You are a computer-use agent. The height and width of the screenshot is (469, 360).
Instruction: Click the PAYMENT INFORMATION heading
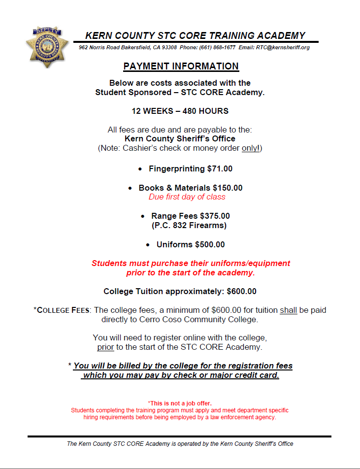pyautogui.click(x=181, y=67)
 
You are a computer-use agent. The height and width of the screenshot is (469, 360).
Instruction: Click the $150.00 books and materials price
pyautogui.click(x=228, y=188)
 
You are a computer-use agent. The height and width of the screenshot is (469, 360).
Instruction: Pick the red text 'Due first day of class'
pyautogui.click(x=187, y=197)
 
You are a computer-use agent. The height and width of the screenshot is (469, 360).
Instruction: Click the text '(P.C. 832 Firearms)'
pyautogui.click(x=189, y=226)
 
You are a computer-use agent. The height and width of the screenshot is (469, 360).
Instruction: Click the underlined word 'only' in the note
pyautogui.click(x=250, y=148)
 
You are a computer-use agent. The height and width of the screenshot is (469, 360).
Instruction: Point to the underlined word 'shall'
pyautogui.click(x=288, y=310)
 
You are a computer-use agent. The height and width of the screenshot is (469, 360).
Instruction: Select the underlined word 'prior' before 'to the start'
pyautogui.click(x=105, y=347)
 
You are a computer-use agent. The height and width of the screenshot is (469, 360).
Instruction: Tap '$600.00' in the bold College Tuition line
pyautogui.click(x=241, y=292)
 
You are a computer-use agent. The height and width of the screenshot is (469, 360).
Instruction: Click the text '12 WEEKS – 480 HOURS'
pyautogui.click(x=180, y=111)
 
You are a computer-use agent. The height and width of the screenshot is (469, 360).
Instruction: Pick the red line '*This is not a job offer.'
pyautogui.click(x=180, y=403)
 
